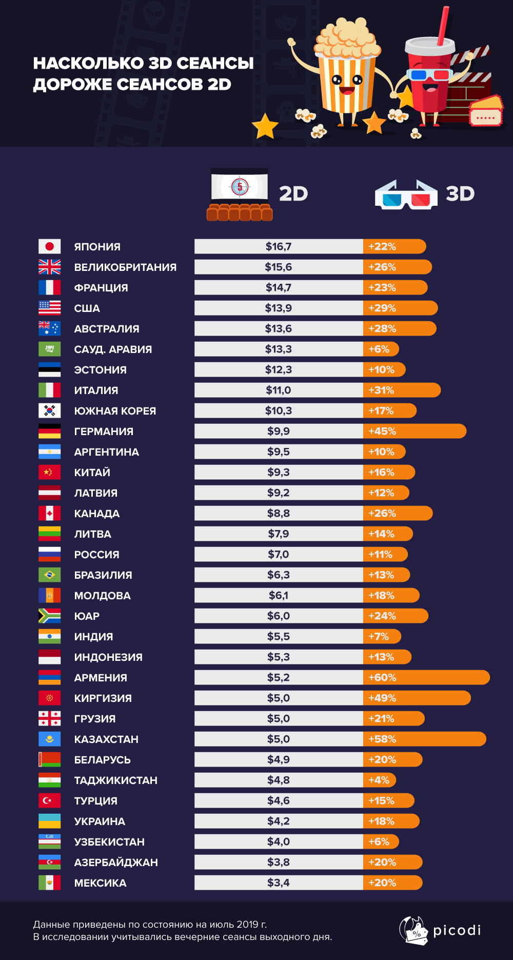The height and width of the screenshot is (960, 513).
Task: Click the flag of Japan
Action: pyautogui.click(x=49, y=246)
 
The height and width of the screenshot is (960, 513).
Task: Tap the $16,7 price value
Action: pyautogui.click(x=279, y=246)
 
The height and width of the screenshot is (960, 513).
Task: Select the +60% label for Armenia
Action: pyautogui.click(x=382, y=677)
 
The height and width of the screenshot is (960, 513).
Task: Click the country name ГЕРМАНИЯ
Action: pyautogui.click(x=104, y=432)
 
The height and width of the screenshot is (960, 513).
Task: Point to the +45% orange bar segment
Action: pyautogui.click(x=415, y=431)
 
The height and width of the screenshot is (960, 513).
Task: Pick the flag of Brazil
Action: pyautogui.click(x=49, y=575)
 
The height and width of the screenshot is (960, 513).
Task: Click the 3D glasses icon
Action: pyautogui.click(x=406, y=194)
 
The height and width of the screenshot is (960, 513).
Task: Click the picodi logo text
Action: pyautogui.click(x=457, y=930)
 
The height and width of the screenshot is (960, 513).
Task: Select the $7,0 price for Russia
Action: pyautogui.click(x=279, y=554)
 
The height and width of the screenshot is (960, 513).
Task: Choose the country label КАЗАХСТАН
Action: pyautogui.click(x=106, y=739)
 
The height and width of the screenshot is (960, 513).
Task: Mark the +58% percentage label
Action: pyautogui.click(x=382, y=739)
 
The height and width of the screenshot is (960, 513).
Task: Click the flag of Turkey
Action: pyautogui.click(x=49, y=800)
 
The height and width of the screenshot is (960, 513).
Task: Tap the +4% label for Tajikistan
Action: pyautogui.click(x=379, y=780)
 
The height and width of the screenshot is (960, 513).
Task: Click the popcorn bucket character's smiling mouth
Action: pyautogui.click(x=347, y=91)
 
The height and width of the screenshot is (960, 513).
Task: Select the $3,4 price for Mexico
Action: pyautogui.click(x=279, y=883)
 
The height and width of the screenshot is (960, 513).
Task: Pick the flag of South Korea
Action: pyautogui.click(x=49, y=410)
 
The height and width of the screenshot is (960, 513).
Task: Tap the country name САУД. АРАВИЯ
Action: pyautogui.click(x=113, y=349)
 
